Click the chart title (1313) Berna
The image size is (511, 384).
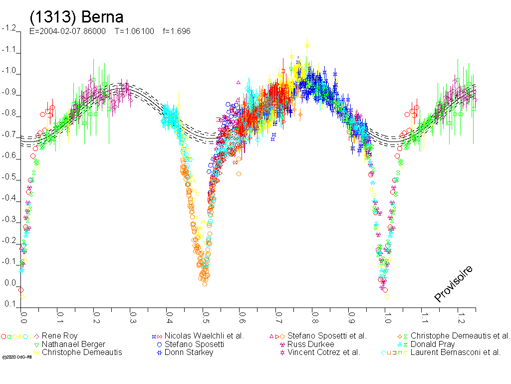pyautogui.click(x=76, y=17)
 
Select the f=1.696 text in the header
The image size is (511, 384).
pyautogui.click(x=176, y=31)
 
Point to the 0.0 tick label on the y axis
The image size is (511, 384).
pyautogui.click(x=10, y=283)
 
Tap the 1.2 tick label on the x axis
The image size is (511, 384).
pyautogui.click(x=461, y=317)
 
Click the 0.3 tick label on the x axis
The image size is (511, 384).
pyautogui.click(x=133, y=317)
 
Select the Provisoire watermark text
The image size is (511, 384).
pyautogui.click(x=453, y=283)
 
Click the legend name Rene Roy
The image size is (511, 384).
pyautogui.click(x=59, y=336)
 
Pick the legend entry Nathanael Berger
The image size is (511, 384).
pyautogui.click(x=73, y=344)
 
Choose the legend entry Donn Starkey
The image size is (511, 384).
pyautogui.click(x=189, y=352)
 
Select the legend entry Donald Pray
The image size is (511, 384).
pyautogui.click(x=432, y=344)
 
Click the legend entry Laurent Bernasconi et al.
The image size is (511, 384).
pyautogui.click(x=455, y=352)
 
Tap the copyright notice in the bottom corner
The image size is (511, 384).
pyautogui.click(x=13, y=357)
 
